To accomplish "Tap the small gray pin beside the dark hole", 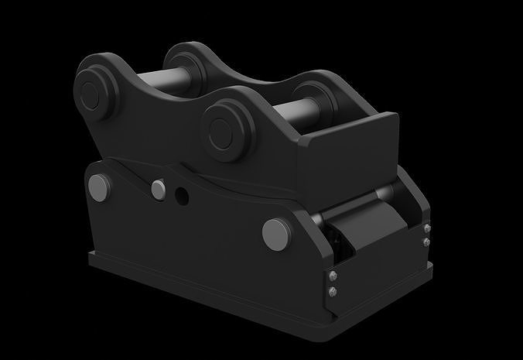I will pyautogui.click(x=159, y=189).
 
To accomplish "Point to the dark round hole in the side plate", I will pyautogui.click(x=182, y=197).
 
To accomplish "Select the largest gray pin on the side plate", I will pyautogui.click(x=275, y=231).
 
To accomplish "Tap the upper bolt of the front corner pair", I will pyautogui.click(x=333, y=277).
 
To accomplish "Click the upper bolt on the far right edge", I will pyautogui.click(x=427, y=228).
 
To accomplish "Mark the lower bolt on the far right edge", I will pyautogui.click(x=427, y=241).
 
